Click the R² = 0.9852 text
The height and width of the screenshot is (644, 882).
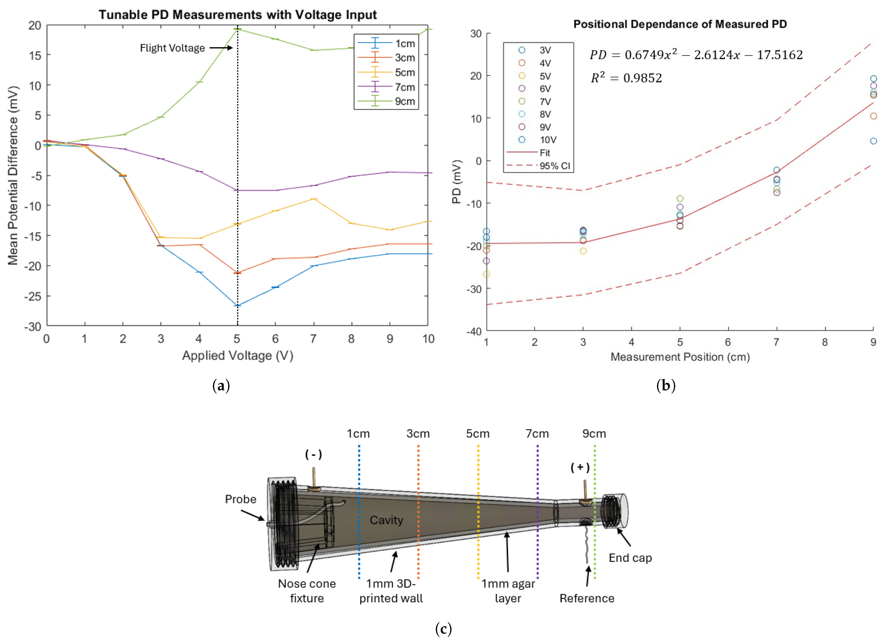[x=626, y=78]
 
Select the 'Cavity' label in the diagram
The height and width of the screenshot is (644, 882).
[x=386, y=520]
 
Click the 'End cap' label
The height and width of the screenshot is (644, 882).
[x=630, y=558]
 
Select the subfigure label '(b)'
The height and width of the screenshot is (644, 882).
[x=665, y=386]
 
